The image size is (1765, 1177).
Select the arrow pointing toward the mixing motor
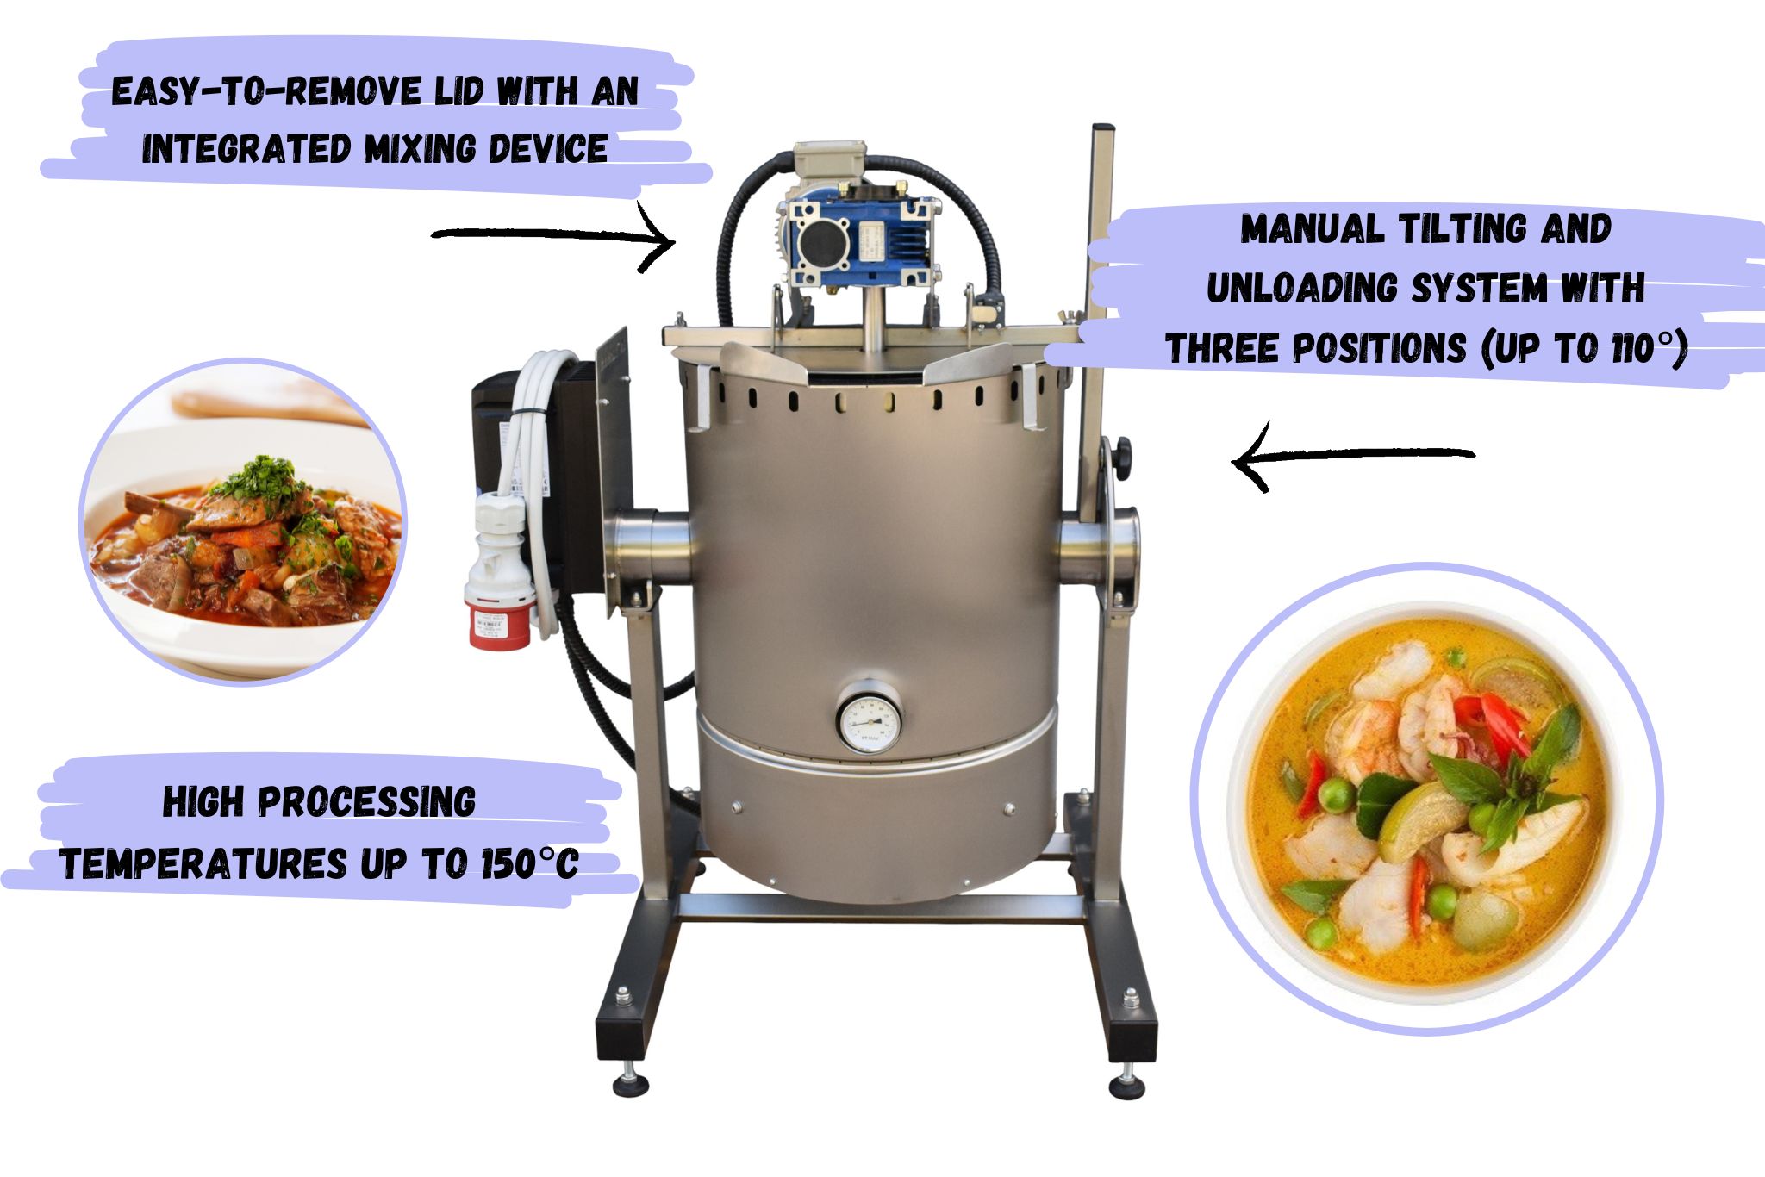(552, 236)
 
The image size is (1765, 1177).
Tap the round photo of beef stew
(243, 522)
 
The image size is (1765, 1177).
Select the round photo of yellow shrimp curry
(1426, 798)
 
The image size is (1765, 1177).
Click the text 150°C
(529, 863)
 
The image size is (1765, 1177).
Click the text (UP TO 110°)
(1584, 349)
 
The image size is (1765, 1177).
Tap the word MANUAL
(1314, 228)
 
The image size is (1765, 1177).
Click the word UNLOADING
(1303, 289)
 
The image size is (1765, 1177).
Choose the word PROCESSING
(367, 802)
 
